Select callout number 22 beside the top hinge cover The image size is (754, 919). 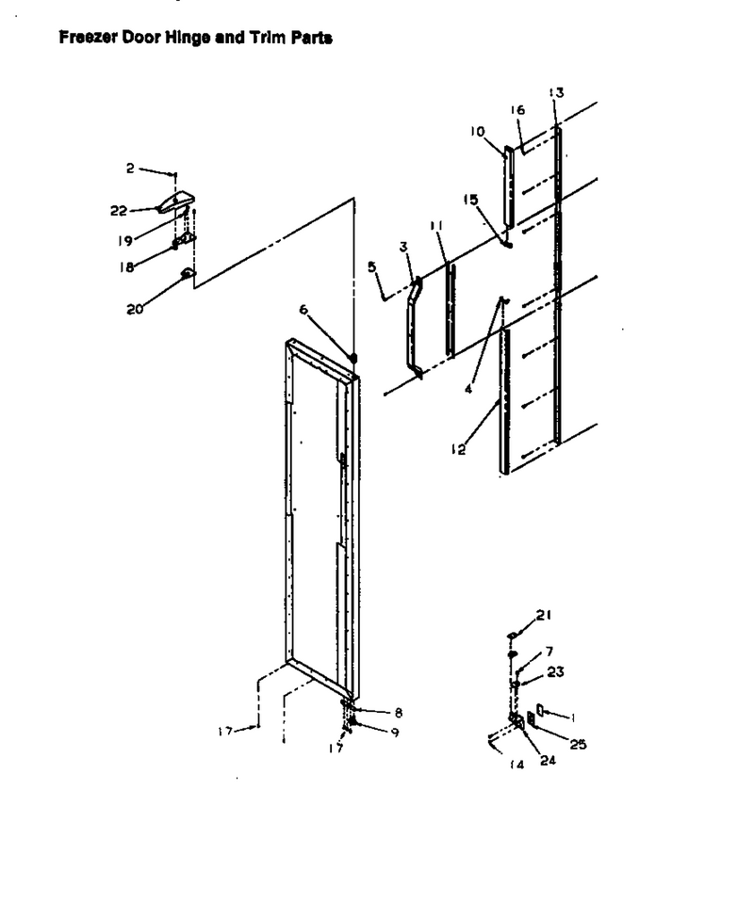[119, 211]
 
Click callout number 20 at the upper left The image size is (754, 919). [135, 309]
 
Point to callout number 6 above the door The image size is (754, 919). [303, 309]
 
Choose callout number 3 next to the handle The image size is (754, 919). [403, 247]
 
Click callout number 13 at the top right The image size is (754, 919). [556, 92]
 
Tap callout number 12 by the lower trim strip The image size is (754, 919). [458, 449]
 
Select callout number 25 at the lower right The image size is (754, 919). [578, 745]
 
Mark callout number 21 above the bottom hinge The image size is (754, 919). [543, 615]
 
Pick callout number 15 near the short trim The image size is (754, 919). [470, 200]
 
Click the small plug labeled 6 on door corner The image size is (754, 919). [353, 358]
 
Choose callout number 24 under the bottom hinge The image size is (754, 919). [548, 760]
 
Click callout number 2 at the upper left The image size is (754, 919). [130, 169]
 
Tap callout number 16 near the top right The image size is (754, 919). [517, 110]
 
